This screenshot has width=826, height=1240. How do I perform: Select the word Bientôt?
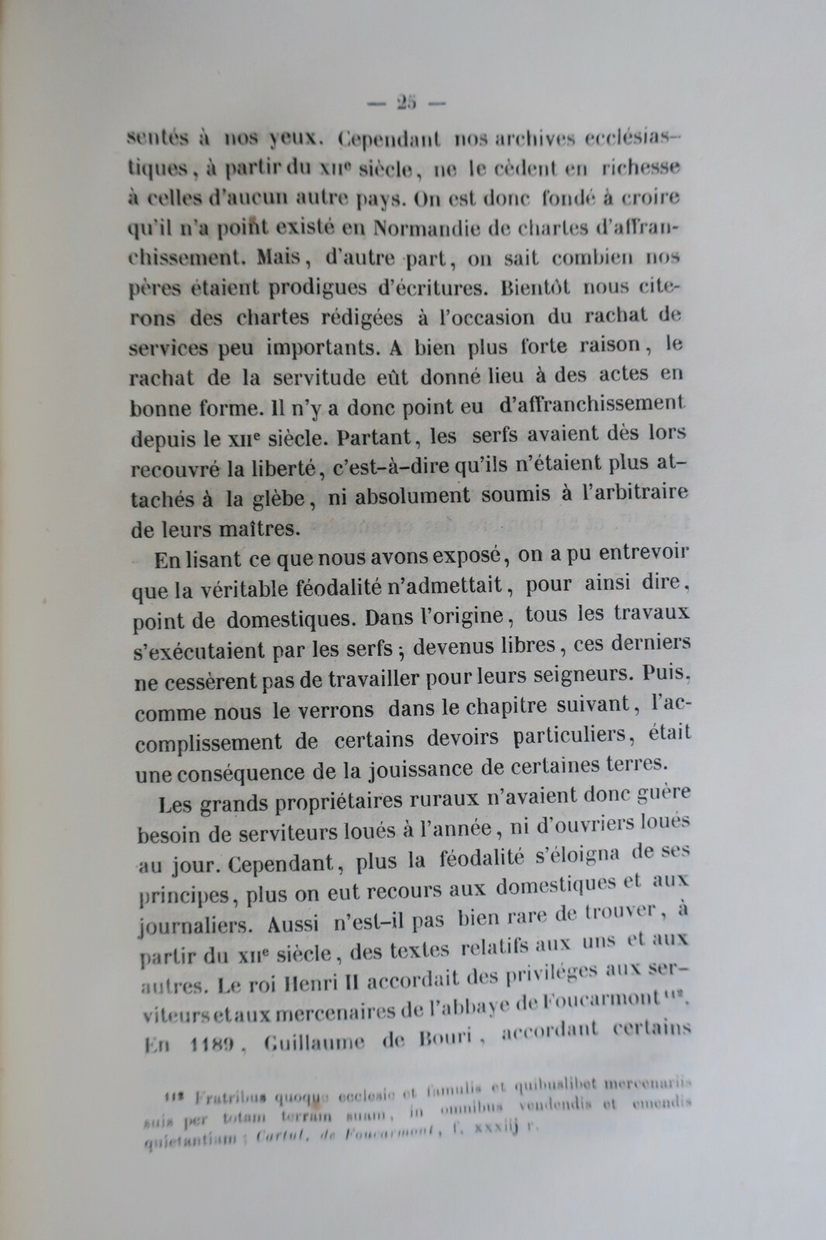point(536,288)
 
